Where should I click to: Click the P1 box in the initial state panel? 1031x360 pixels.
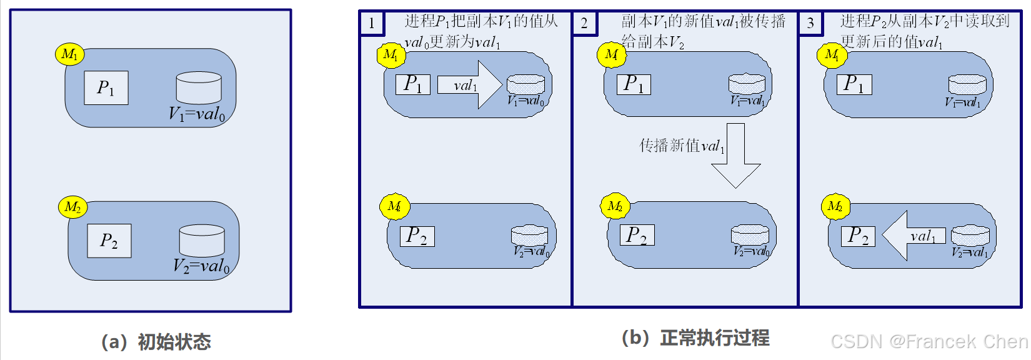pos(106,87)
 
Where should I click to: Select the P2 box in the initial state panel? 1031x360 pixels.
pos(109,241)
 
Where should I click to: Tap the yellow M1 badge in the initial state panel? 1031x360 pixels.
pos(69,54)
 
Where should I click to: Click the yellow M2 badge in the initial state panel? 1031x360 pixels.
pos(72,206)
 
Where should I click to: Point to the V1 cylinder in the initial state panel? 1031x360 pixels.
pos(199,87)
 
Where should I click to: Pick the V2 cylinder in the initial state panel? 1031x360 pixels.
pos(202,241)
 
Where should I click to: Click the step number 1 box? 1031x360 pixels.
pos(372,24)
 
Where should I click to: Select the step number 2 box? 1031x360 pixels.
pos(584,24)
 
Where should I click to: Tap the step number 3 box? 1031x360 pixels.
pos(810,24)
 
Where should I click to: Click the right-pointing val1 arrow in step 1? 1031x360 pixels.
pos(469,85)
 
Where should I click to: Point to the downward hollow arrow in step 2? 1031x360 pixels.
pos(735,156)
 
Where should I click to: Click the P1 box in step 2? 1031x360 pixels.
pos(634,84)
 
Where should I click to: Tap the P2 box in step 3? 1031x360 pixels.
pos(858,236)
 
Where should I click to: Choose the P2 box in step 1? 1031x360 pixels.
pos(417,236)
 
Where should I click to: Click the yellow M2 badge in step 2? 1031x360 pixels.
pos(614,206)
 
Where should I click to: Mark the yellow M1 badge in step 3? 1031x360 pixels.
pos(832,55)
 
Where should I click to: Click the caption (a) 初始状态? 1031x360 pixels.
pos(156,342)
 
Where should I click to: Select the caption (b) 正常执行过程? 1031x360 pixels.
pos(695,338)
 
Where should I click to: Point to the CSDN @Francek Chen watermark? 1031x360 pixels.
pos(929,341)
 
